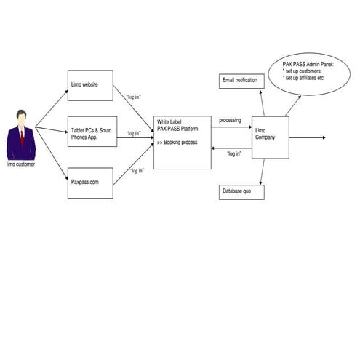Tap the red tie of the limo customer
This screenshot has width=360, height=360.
tap(23, 137)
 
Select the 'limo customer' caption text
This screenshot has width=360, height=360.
tap(20, 164)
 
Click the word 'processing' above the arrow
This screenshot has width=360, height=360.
tap(230, 120)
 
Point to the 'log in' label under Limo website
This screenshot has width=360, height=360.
tap(134, 97)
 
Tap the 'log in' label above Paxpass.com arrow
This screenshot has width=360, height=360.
tap(137, 170)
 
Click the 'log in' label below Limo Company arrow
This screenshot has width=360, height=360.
tap(234, 153)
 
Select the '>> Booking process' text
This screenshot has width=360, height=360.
tap(177, 143)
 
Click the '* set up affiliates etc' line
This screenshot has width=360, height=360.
tap(303, 78)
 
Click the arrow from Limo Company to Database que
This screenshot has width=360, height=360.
tap(263, 172)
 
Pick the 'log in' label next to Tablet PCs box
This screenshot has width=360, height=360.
tap(134, 133)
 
